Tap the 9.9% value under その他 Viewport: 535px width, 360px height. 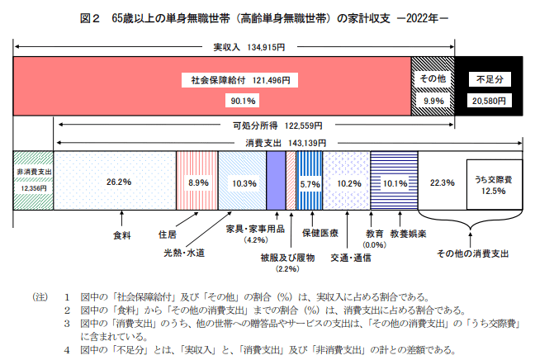point(433,101)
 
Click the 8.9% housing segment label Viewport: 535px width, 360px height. point(198,182)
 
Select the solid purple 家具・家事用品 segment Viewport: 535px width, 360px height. point(276,182)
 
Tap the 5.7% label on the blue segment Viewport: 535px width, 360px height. point(310,183)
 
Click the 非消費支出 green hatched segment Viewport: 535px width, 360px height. point(34,178)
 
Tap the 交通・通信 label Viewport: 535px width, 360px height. point(350,257)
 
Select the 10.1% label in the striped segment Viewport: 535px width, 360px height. point(396,183)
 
